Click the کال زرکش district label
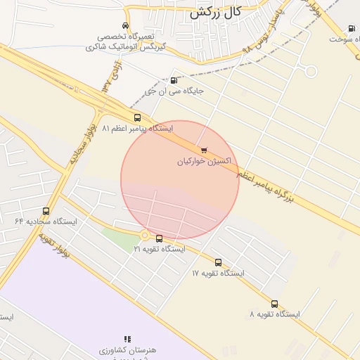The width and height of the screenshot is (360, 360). point(216,12)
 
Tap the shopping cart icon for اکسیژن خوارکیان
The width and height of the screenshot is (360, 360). point(204,150)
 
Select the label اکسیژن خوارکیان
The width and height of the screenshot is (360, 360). point(203,161)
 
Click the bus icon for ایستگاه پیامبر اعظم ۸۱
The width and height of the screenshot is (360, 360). point(137,118)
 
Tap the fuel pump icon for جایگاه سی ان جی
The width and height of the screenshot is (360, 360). point(174,80)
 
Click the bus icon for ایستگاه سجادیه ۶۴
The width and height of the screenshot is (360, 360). point(46,210)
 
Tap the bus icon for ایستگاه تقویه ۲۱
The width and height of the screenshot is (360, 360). point(159,238)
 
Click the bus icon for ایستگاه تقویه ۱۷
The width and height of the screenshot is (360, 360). point(218,262)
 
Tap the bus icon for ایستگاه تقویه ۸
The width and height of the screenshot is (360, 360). point(274,304)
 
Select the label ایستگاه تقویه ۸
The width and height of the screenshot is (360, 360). point(274,314)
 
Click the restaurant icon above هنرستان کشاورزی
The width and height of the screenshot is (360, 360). point(127,339)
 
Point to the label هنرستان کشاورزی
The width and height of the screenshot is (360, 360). point(127,350)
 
